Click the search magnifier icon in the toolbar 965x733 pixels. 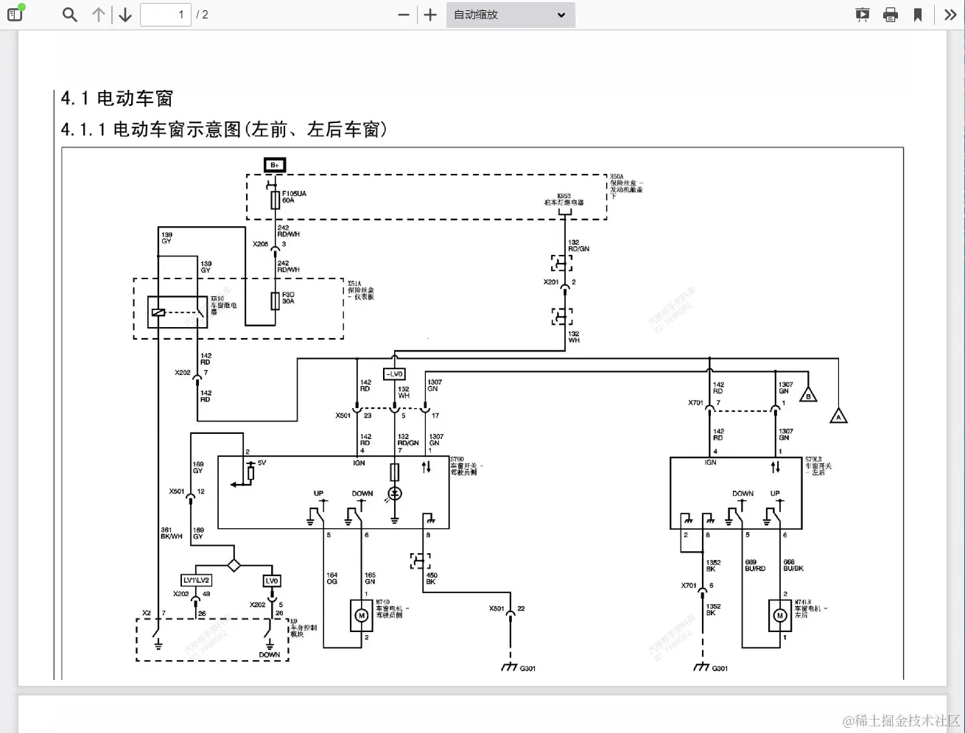(x=70, y=15)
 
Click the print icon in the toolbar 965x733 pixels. (x=890, y=15)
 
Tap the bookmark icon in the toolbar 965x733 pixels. (x=918, y=15)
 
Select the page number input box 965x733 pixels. (x=166, y=15)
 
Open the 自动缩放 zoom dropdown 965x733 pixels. (x=510, y=15)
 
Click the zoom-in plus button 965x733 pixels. (x=431, y=15)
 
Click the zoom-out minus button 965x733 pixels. (x=403, y=15)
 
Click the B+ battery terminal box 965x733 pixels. (x=275, y=165)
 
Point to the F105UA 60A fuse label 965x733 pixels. (x=293, y=197)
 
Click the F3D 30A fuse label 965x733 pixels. (x=288, y=298)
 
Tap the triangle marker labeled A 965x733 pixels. (x=838, y=416)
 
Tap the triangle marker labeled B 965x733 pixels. (x=808, y=395)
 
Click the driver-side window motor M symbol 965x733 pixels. (x=362, y=615)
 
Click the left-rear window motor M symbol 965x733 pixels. (x=779, y=615)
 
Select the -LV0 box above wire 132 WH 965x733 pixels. (x=394, y=374)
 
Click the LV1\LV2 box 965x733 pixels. (x=197, y=581)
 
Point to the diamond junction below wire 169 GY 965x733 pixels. (x=234, y=565)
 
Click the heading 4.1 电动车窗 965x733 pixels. (x=116, y=99)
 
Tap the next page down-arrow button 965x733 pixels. (x=125, y=15)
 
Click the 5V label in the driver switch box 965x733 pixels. (x=262, y=463)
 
